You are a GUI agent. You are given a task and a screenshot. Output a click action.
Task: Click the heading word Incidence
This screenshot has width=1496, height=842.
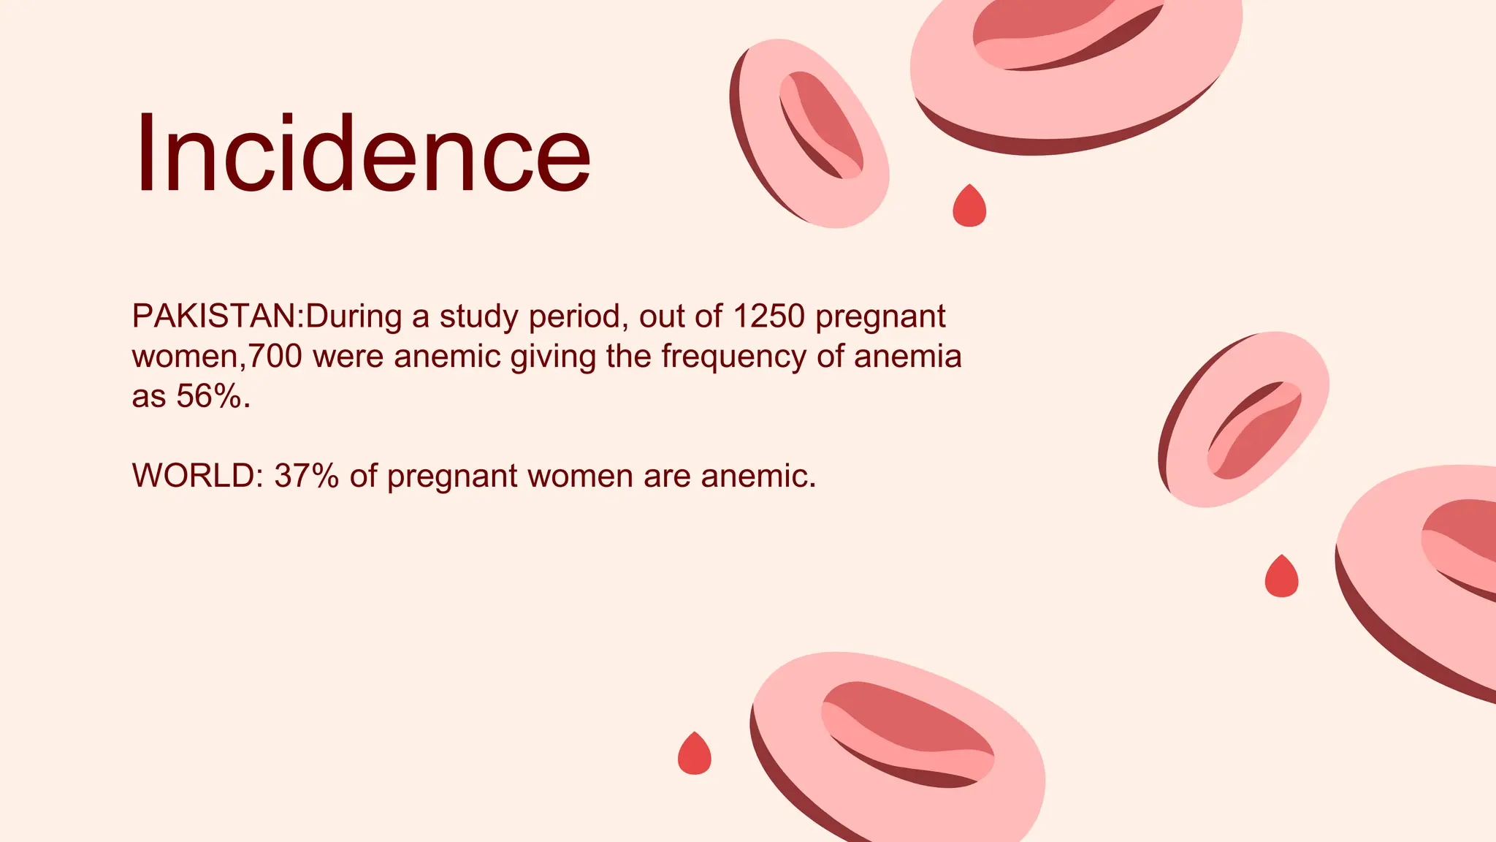coord(362,154)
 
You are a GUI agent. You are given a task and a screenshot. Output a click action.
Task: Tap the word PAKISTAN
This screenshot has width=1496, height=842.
coord(213,316)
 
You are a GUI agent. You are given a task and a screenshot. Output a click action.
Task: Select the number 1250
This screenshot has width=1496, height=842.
coord(768,316)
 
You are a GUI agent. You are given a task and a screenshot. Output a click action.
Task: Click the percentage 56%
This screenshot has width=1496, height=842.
coord(208,396)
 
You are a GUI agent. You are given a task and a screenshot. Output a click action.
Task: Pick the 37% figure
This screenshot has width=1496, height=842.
coord(306,476)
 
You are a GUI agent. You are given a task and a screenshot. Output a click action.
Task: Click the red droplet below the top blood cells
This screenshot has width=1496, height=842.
coord(969,207)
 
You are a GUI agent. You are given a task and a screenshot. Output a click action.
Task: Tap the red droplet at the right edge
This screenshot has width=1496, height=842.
coord(1281,577)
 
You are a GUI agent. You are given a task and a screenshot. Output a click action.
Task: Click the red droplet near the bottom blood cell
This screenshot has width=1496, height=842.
coord(694,754)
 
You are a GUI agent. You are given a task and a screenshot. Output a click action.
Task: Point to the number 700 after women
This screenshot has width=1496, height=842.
coord(275,357)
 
